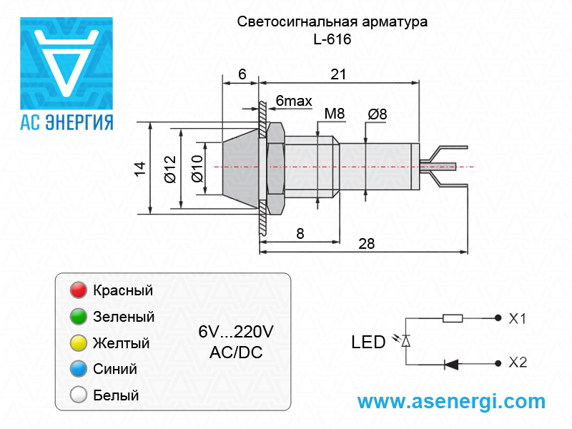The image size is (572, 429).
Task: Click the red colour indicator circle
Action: (78, 291)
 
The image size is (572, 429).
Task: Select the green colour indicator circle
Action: (78, 317)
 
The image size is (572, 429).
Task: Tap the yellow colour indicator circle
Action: (78, 343)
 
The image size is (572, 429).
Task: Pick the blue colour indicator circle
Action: (78, 369)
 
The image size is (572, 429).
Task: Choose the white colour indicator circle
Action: (78, 395)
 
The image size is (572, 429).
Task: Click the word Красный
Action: (123, 291)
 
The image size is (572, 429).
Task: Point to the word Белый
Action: (116, 395)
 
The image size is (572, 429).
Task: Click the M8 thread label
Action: (335, 114)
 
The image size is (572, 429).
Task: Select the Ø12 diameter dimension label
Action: (169, 169)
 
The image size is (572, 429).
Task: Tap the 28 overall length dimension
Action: (366, 243)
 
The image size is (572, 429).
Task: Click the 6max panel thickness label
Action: (294, 102)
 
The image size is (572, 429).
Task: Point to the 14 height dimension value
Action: (140, 169)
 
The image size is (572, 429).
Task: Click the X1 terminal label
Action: (518, 319)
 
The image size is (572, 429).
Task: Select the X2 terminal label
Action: (518, 363)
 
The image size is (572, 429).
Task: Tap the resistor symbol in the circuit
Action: (453, 318)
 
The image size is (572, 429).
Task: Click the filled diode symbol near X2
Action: (451, 363)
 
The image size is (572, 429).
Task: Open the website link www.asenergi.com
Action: (451, 402)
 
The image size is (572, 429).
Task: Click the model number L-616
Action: (332, 40)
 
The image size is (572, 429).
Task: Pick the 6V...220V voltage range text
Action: (236, 332)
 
